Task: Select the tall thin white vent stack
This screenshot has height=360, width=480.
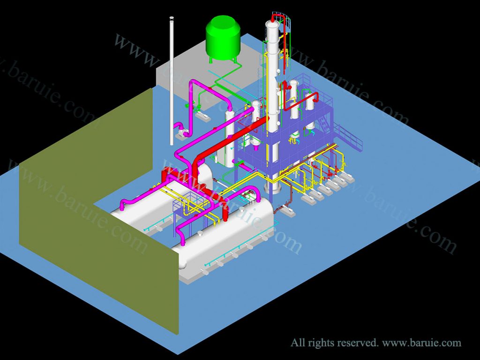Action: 172,80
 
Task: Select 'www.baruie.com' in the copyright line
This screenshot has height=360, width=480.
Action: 421,343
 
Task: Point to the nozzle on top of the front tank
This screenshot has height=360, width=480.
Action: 200,233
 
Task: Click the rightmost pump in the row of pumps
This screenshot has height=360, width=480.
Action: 349,177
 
